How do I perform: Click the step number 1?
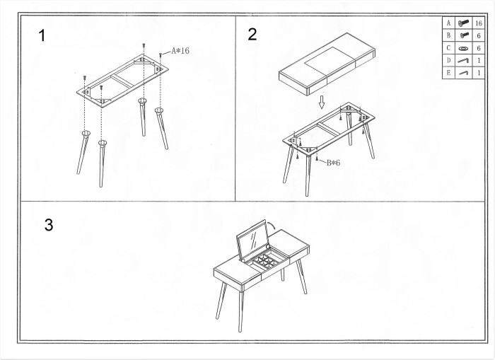[42, 35]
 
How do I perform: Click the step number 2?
[252, 35]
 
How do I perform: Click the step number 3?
[49, 225]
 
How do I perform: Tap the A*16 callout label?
[180, 50]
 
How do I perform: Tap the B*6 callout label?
[333, 163]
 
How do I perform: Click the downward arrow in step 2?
[321, 102]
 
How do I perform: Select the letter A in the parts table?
[448, 23]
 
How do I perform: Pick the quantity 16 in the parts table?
[479, 23]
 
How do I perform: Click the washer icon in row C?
[463, 49]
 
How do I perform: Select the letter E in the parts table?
[448, 73]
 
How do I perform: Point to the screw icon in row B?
[463, 35]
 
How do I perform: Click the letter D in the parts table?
[448, 60]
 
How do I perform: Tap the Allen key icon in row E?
[463, 73]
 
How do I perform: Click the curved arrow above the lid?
[272, 225]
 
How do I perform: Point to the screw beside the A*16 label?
[161, 56]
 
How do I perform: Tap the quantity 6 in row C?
[479, 48]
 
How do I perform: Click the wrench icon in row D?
[463, 60]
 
